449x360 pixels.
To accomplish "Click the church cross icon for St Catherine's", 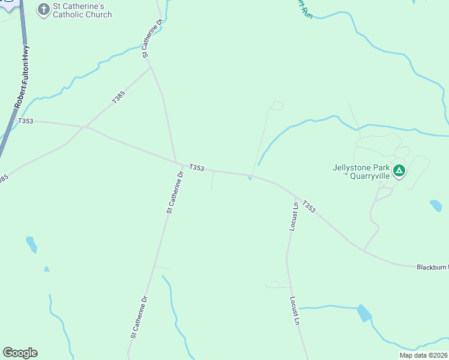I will click(44, 9).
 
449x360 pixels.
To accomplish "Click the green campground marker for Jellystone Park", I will click(399, 172).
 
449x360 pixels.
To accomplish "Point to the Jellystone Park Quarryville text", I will click(361, 172).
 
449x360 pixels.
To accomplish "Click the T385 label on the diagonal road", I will click(118, 97).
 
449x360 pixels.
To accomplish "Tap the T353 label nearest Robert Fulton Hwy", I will click(26, 121).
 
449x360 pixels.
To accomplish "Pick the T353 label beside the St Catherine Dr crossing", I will click(197, 168).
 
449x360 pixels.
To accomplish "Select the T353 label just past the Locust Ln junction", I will click(308, 206).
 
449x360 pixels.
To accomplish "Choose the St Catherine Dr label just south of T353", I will click(175, 193).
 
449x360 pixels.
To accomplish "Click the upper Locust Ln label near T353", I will click(294, 217).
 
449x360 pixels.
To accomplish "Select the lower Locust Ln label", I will click(294, 310).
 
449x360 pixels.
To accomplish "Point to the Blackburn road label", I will click(432, 266).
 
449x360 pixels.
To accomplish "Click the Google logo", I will click(20, 353).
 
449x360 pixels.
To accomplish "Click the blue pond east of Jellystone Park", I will click(436, 206).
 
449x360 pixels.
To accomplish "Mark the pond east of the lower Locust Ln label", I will click(364, 313).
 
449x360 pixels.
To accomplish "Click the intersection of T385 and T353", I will click(87, 127).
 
